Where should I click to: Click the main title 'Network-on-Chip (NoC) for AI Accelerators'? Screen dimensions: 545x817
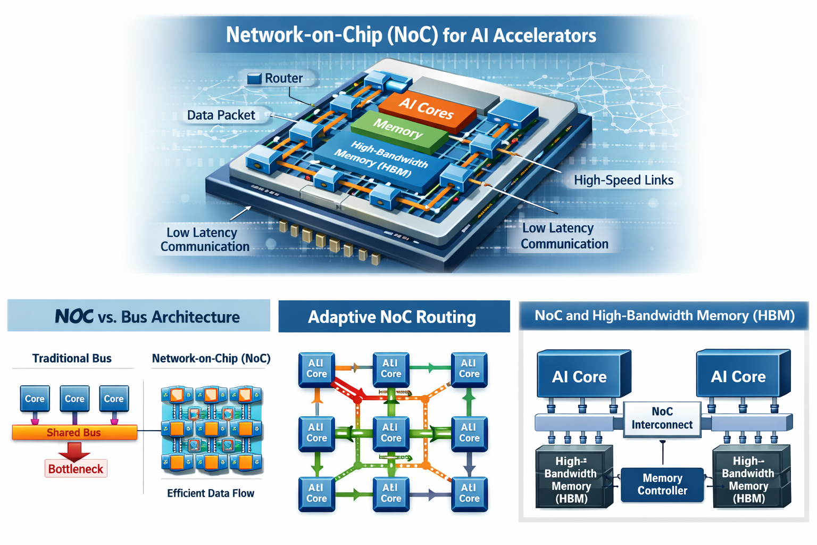[411, 35]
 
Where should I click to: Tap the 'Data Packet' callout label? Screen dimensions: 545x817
[221, 115]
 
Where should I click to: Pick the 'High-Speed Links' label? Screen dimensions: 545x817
[623, 180]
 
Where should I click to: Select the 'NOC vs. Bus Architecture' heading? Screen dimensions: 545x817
[147, 317]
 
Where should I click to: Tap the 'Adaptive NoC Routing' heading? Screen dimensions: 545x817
[392, 317]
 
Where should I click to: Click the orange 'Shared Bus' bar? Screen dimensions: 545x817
[74, 433]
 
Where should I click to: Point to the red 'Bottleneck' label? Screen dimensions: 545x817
[76, 469]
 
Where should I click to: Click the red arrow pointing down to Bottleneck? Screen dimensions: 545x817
[74, 450]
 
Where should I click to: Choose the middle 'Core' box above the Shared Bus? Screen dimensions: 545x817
[74, 399]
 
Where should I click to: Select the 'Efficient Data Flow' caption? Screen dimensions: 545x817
[211, 493]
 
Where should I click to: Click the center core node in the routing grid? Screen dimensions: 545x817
[391, 433]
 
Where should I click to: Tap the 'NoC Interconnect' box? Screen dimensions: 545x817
[662, 418]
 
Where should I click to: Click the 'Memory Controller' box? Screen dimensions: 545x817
[662, 484]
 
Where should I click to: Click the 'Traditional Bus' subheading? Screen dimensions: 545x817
[72, 358]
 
